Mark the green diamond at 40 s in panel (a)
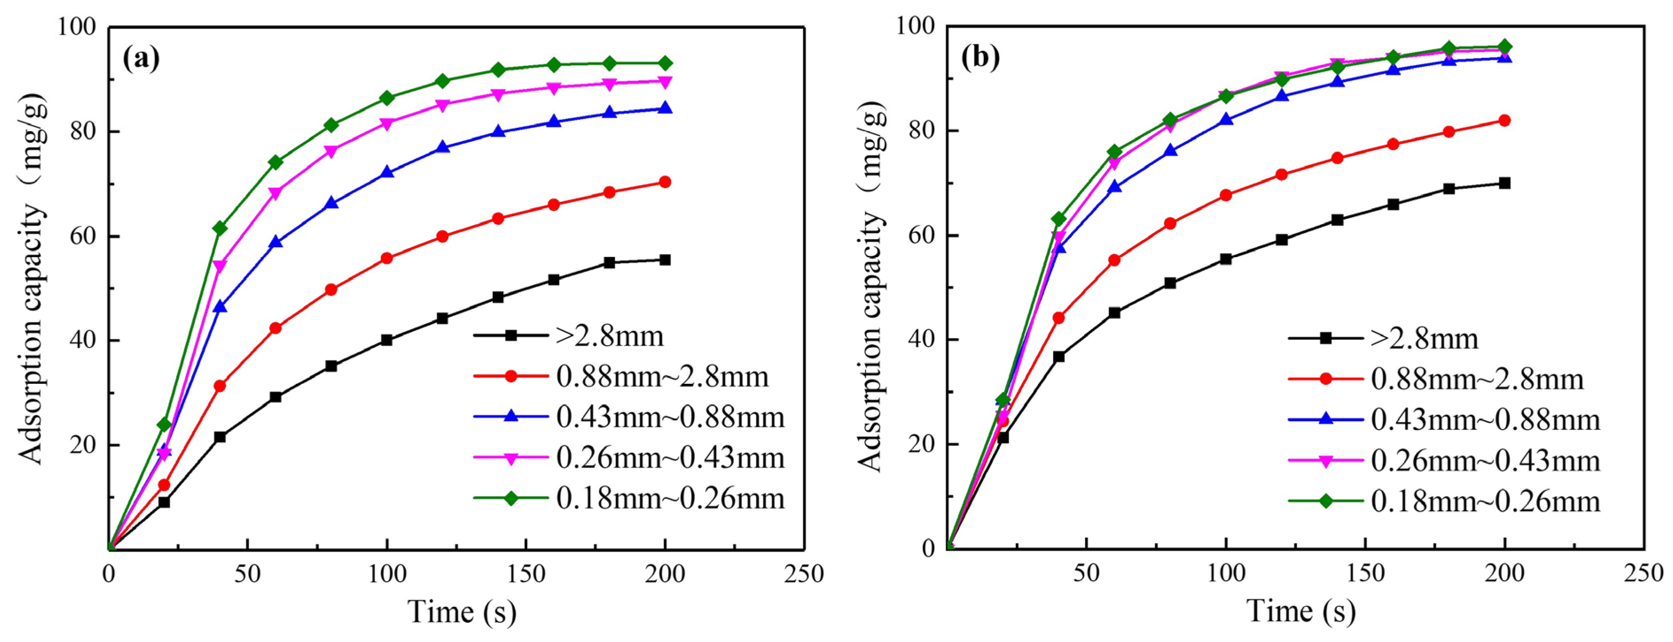(219, 228)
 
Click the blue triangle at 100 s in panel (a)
(387, 172)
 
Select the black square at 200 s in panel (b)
(1504, 183)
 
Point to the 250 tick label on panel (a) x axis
(803, 574)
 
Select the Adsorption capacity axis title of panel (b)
(872, 286)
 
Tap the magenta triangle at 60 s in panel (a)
(275, 193)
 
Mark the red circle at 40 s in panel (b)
(1058, 318)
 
